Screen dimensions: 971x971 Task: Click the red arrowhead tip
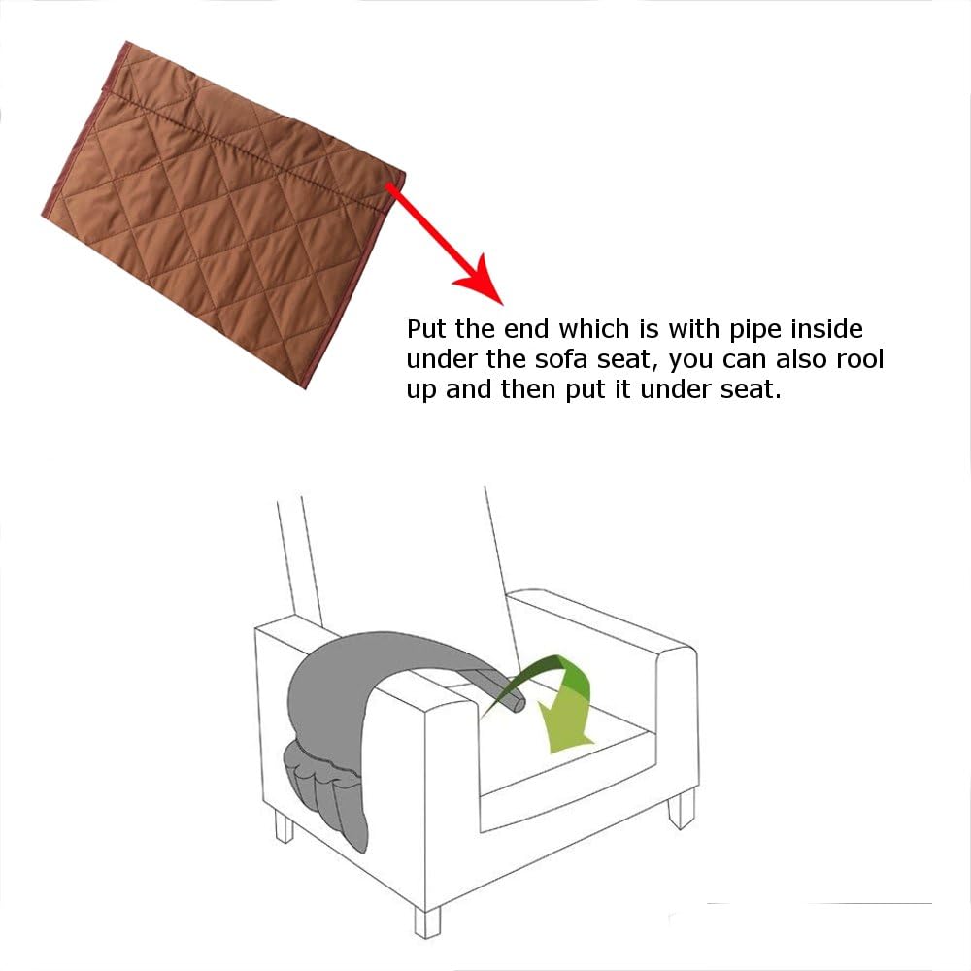[x=503, y=305]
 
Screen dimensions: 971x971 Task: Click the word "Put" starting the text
[x=427, y=329]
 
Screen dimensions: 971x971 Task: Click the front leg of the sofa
[x=427, y=922]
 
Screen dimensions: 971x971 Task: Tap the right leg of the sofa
[x=682, y=809]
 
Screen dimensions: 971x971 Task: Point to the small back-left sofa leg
[x=284, y=826]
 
